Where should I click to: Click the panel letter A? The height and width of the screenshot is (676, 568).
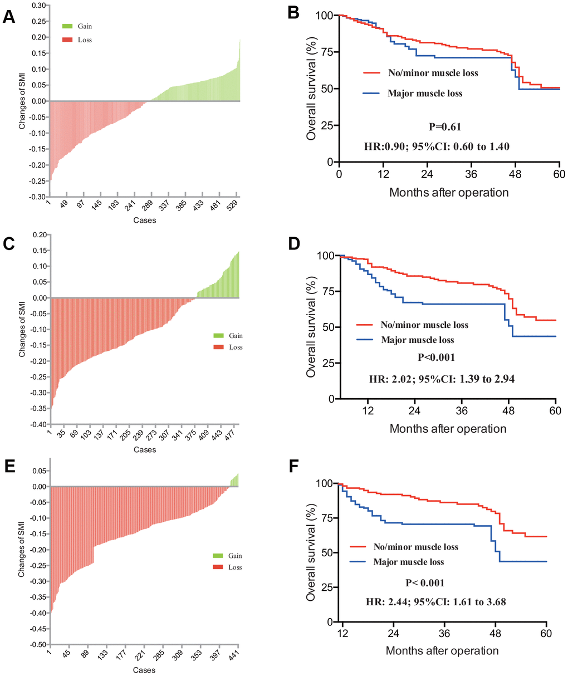click(x=9, y=16)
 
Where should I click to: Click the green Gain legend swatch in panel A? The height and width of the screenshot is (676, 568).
click(x=67, y=26)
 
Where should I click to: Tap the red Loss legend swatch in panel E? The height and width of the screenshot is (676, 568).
click(x=218, y=567)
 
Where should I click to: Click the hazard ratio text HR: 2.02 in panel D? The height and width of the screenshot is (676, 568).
click(x=442, y=379)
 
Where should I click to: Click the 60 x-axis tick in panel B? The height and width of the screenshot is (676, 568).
click(x=559, y=174)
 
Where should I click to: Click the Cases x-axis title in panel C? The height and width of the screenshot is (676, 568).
click(x=145, y=449)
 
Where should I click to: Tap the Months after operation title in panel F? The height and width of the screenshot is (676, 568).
click(x=442, y=650)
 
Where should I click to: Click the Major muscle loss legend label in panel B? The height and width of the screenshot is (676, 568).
click(x=425, y=93)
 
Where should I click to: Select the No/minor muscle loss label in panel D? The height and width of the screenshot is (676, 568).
click(x=424, y=325)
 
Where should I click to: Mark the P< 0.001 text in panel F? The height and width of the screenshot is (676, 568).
click(x=424, y=583)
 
